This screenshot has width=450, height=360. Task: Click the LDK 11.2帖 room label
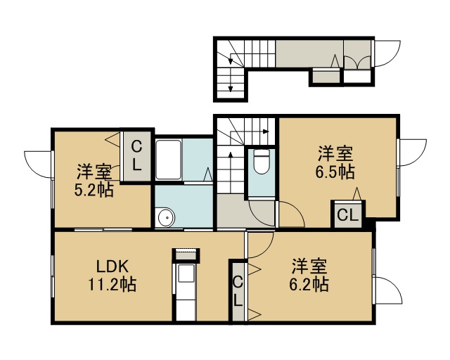coord(112,276)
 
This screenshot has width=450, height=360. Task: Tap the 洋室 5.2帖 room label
coord(94,180)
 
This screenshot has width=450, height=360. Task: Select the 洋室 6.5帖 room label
coord(335,162)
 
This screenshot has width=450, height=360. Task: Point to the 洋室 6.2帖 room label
coord(309,275)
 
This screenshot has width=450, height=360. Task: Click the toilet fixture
coord(262,162)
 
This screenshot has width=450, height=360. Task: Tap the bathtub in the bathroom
coord(168,160)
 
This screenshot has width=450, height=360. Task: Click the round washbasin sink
coord(165,217)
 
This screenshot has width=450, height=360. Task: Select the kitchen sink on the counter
coord(186,274)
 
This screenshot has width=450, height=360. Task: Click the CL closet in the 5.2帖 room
coord(136,157)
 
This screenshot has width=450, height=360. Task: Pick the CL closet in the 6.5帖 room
coord(348,214)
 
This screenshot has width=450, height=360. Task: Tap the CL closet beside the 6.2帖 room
coord(238,291)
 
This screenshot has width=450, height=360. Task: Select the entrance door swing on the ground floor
coord(387,53)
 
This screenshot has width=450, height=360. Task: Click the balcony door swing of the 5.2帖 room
coord(39,165)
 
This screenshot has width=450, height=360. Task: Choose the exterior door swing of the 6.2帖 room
coord(389,290)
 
